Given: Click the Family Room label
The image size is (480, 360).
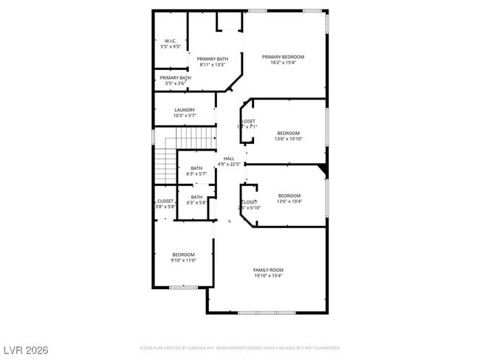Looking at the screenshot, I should click(x=268, y=270).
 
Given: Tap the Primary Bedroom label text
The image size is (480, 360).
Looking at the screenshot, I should click(x=284, y=57).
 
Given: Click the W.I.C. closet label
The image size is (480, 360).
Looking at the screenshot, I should click(x=170, y=41).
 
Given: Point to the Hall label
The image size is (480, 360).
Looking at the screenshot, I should click(x=229, y=159).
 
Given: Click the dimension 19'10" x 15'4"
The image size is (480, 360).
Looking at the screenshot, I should click(x=268, y=276).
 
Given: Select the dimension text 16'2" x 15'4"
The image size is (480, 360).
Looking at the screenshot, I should click(x=284, y=63).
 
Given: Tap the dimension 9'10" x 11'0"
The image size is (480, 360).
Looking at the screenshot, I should click(x=183, y=260).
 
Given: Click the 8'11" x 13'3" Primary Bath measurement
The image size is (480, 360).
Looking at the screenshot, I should click(x=213, y=65).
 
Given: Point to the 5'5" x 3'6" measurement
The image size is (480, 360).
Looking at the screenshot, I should click(x=175, y=83).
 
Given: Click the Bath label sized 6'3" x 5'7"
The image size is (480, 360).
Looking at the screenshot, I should click(x=196, y=168).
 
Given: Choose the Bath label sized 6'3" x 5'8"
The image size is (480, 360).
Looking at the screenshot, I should click(x=196, y=197).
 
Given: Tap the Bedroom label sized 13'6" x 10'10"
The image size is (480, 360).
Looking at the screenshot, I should click(x=289, y=133).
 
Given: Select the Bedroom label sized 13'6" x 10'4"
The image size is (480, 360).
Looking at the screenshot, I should click(x=289, y=195).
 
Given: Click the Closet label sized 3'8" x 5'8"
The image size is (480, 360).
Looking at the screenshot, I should click(x=165, y=201).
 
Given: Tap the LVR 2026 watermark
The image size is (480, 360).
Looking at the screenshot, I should click(x=26, y=349).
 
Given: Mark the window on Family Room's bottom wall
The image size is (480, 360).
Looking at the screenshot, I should click(x=268, y=313).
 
